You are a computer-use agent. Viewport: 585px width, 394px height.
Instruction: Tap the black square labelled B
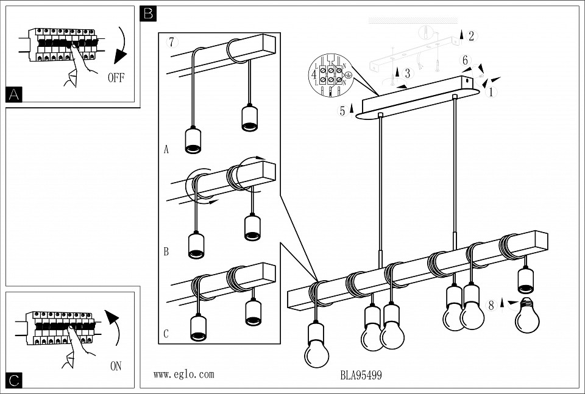coord(148,13)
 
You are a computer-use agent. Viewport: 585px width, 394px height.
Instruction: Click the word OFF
coord(116,77)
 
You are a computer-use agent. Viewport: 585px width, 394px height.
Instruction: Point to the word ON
coord(116,366)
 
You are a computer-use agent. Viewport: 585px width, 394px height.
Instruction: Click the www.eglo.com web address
coord(183,375)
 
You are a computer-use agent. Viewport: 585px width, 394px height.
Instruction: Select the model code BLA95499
coord(361,376)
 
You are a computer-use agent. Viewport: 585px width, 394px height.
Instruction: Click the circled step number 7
coord(172,43)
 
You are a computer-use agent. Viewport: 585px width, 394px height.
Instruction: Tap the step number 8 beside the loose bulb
coord(491,306)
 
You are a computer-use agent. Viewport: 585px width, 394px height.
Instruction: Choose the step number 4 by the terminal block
coord(314,75)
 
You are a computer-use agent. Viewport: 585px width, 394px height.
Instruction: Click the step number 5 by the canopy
coord(342,111)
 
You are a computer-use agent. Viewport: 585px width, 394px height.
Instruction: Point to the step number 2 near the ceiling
coord(471,36)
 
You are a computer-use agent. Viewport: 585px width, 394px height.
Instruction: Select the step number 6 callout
coord(465,60)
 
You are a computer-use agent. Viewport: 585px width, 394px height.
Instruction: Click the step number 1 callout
coord(491,93)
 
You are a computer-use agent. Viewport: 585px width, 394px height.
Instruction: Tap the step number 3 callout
coord(408,73)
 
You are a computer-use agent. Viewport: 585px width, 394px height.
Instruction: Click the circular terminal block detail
coord(331,75)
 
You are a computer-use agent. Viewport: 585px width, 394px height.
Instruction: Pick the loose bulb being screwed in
coord(526,315)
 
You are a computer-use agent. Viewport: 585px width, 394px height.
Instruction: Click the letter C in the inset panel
coord(166,334)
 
